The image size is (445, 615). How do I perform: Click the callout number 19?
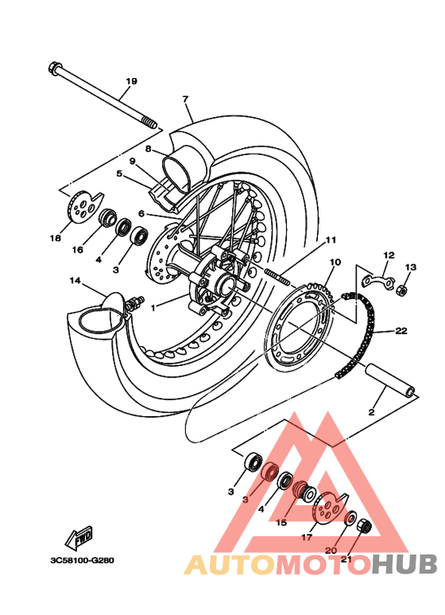click(131, 81)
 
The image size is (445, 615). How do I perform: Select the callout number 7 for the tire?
click(185, 99)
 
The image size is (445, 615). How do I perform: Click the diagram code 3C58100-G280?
click(82, 559)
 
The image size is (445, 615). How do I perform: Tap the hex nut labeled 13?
click(403, 289)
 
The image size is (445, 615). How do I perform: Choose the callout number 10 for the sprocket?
click(335, 262)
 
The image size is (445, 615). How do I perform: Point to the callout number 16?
click(77, 250)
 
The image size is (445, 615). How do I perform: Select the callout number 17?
click(308, 537)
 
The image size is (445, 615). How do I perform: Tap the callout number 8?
click(148, 149)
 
